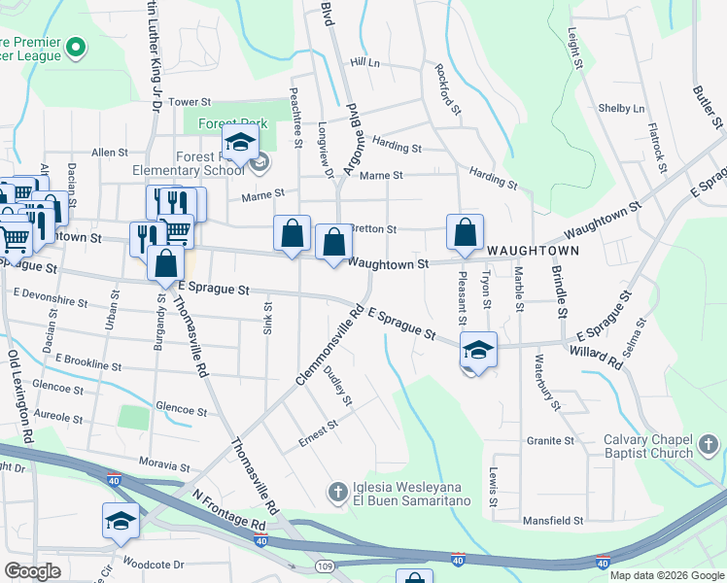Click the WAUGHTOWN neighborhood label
(533, 250)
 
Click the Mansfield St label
(552, 521)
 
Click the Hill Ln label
(364, 62)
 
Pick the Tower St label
(190, 102)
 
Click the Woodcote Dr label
(154, 565)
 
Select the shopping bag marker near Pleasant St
(465, 232)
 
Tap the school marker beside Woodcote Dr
(121, 522)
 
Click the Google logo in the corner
(33, 571)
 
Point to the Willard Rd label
(597, 357)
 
